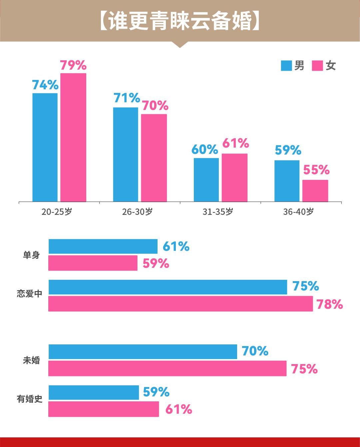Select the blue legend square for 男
pos(286,66)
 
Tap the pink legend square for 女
pos(317,66)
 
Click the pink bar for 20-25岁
pos(73,137)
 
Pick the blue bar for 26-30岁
pos(126,154)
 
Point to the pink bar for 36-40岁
pos(315,191)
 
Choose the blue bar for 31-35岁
pos(206,180)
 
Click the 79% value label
pos(73,65)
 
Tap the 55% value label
pos(316,170)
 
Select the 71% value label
pos(127,98)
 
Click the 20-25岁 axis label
pos(57,212)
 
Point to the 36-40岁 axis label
pos(298,212)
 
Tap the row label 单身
pos(31,255)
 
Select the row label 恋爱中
pos(30,294)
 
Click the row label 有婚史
pos(30,399)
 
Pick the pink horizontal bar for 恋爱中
pos(180,304)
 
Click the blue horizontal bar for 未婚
pos(143,352)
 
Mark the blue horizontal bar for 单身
pos(103,246)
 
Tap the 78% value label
pos(329,304)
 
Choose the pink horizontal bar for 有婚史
pos(104,409)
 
